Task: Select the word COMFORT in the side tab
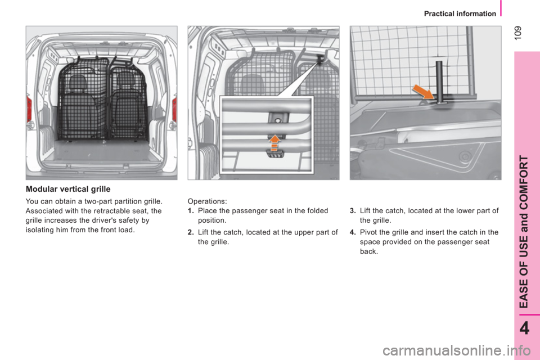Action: pyautogui.click(x=524, y=180)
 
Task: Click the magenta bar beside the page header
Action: pyautogui.click(x=499, y=8)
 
